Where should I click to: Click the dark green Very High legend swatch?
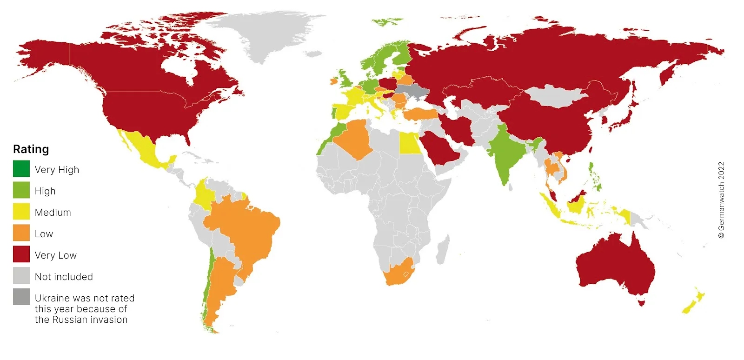coord(21,169)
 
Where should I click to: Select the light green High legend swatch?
coord(21,190)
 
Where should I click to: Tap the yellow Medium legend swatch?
coord(21,212)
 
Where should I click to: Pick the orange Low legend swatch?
coord(21,233)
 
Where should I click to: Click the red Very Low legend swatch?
coord(21,254)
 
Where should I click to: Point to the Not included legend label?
coord(64,277)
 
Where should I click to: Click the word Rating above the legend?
coord(31,149)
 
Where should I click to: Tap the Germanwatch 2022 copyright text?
coord(721,200)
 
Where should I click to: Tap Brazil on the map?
coord(246,228)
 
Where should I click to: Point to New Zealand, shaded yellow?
coord(693,302)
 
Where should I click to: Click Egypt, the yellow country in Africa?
coord(409,142)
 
